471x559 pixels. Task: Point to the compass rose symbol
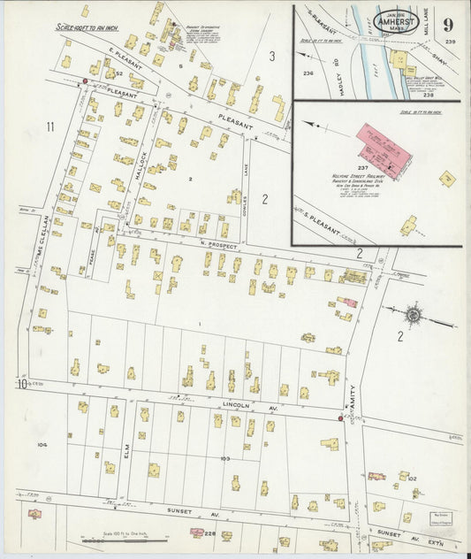[x=413, y=314]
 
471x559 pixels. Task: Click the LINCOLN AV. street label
[x=237, y=404]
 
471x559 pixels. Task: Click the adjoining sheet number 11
[x=50, y=127]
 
